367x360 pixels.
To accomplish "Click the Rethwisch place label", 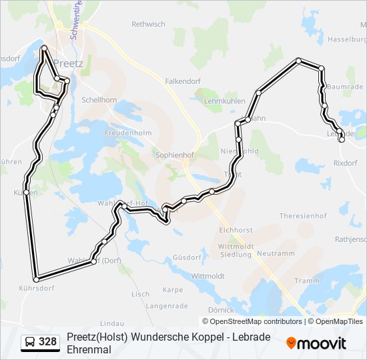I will click(148, 24).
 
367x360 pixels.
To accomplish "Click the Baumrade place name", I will click(345, 87).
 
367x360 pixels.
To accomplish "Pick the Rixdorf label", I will click(345, 163).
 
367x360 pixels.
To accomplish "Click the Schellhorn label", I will click(99, 99).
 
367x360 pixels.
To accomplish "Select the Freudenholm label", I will click(128, 133).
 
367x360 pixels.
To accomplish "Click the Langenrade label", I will click(165, 306).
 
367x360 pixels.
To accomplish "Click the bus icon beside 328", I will click(30, 343).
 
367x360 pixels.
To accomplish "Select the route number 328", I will click(48, 343).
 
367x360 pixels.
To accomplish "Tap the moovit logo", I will click(316, 343).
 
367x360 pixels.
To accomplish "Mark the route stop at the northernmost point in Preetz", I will click(44, 49).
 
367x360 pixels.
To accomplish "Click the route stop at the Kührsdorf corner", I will click(35, 279).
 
